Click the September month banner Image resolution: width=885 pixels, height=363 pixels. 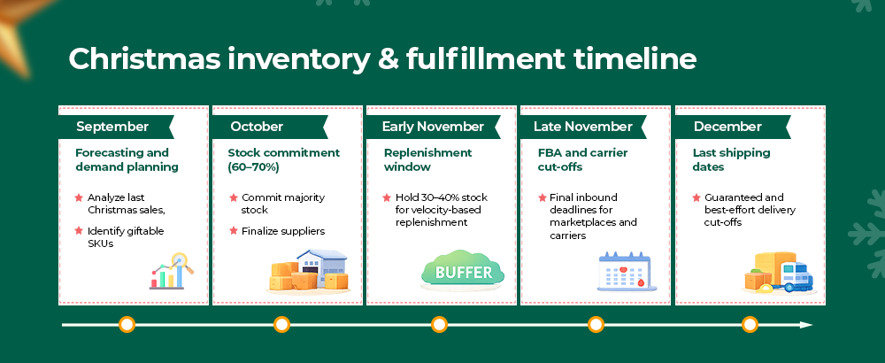tap(116, 127)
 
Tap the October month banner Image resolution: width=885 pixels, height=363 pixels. tap(270, 127)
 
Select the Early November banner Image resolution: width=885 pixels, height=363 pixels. tap(434, 127)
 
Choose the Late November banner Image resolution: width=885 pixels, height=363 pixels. tap(583, 127)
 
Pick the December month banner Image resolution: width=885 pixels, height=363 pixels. tap(733, 127)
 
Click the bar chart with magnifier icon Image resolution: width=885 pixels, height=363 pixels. tap(172, 272)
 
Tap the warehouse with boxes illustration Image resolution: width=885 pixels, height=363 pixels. tap(308, 272)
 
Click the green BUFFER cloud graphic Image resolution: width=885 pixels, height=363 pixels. tap(463, 271)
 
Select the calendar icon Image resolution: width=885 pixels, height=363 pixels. tap(624, 272)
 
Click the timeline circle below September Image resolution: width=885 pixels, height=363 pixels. tap(127, 325)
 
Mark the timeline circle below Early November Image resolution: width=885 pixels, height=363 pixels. tap(439, 325)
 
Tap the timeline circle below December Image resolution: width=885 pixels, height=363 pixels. tap(750, 325)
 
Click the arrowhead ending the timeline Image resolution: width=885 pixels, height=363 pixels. tap(806, 325)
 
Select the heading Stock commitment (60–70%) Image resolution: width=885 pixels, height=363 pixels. tap(284, 159)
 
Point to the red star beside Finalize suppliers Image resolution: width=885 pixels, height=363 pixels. tap(233, 230)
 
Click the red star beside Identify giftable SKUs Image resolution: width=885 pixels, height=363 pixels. tap(79, 230)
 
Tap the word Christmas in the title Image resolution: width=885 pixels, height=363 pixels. tap(144, 58)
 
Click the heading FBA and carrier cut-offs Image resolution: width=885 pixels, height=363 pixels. tap(583, 159)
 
